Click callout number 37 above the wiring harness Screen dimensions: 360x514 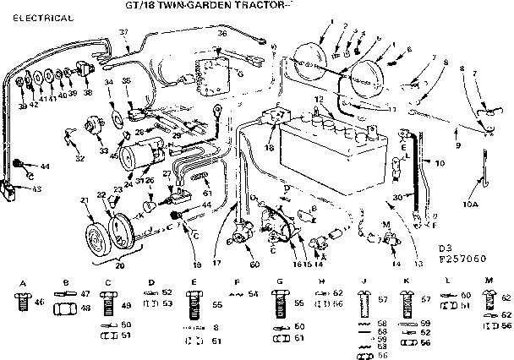coord(123,32)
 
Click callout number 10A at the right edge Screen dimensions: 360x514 coord(472,204)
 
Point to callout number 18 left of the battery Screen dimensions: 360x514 coord(270,146)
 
